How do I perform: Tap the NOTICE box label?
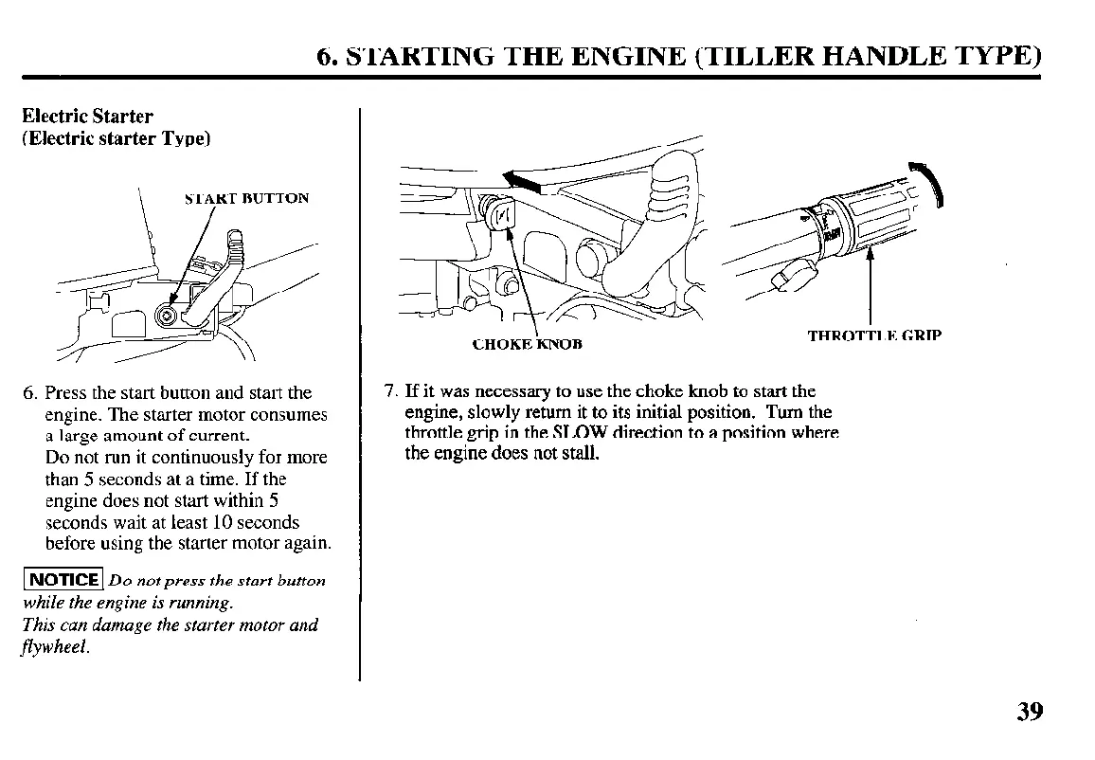point(64,580)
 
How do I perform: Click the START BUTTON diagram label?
point(246,199)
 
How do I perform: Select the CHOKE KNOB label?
point(527,344)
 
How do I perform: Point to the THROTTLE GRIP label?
point(874,335)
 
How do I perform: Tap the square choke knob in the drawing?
point(501,213)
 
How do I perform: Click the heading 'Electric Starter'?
point(87,117)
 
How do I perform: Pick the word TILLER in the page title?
point(746,56)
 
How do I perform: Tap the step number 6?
point(29,392)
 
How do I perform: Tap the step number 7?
point(389,391)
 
